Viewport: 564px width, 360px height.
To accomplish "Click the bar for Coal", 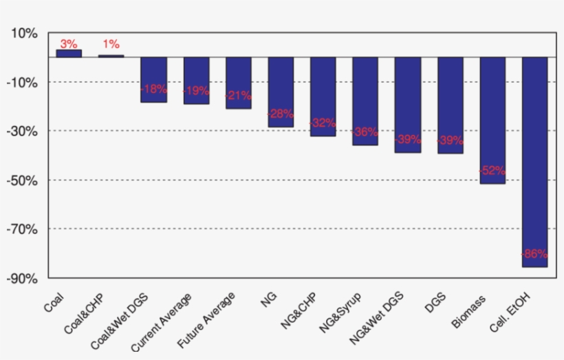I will [x=69, y=53].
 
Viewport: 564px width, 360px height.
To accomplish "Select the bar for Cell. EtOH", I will [x=534, y=162].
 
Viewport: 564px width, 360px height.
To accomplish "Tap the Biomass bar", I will [x=492, y=120].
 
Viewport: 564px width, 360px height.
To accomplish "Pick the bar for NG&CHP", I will [x=323, y=96].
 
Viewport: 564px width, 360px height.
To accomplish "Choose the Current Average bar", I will [x=196, y=81].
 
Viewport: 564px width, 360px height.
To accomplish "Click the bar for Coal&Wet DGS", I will [x=153, y=79].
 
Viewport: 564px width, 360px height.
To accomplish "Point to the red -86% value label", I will [x=534, y=253].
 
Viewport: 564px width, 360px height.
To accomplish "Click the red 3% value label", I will [x=69, y=44].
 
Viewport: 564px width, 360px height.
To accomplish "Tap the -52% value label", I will [x=492, y=170].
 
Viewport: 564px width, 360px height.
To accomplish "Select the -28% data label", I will [x=281, y=114].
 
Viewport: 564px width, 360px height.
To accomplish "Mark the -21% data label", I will [x=238, y=95].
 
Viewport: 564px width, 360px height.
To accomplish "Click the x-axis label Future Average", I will [x=207, y=320].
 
